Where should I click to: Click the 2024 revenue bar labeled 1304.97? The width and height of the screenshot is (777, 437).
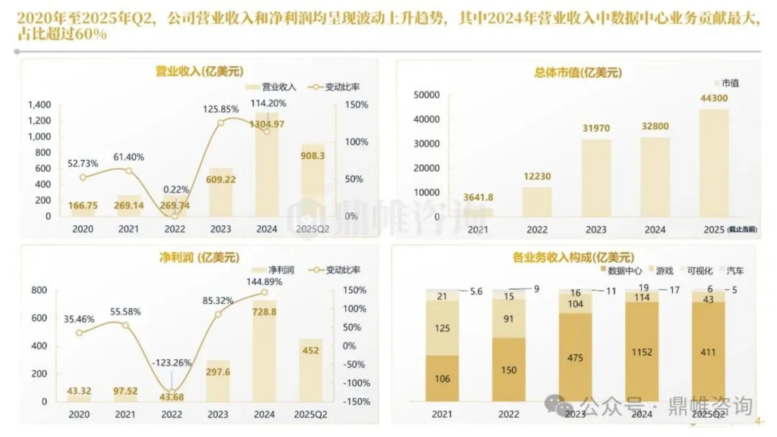(267, 170)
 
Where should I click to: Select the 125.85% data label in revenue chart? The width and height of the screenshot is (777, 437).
(221, 109)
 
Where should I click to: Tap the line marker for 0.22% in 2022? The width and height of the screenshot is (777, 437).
(175, 216)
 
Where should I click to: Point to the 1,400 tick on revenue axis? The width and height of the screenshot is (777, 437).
(40, 105)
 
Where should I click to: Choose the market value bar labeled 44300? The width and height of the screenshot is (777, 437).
(714, 162)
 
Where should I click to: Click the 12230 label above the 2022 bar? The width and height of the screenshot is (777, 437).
(537, 176)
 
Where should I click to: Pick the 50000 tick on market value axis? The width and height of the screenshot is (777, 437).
(426, 95)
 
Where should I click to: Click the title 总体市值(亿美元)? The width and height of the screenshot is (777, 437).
(578, 73)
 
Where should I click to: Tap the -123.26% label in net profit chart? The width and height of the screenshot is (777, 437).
(171, 363)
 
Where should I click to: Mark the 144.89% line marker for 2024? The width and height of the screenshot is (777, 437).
(264, 292)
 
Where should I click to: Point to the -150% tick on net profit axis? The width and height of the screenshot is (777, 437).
(356, 402)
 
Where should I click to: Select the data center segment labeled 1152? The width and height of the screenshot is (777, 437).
(642, 352)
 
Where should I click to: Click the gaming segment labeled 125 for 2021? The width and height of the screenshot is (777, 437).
(442, 328)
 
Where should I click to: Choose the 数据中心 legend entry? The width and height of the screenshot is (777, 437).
(621, 271)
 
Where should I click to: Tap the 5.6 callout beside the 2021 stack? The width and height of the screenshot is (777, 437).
(476, 291)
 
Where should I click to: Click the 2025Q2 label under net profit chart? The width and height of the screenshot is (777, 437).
(310, 414)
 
